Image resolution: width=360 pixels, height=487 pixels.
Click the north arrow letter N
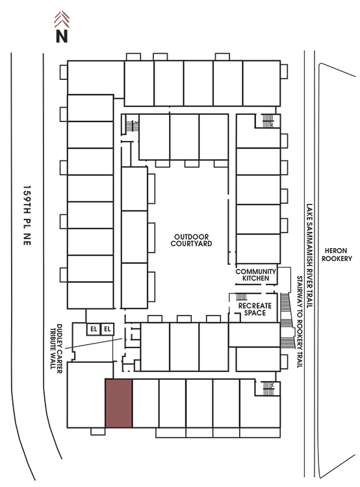62,36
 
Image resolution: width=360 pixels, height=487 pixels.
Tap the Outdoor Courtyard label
191,240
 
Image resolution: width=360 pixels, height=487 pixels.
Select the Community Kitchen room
256,275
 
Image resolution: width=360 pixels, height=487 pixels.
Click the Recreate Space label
255,309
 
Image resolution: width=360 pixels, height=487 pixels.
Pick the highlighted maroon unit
119,403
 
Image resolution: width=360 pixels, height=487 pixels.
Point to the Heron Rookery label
337,255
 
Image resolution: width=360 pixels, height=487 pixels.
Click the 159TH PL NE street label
27,216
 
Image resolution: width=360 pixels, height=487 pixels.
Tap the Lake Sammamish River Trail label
309,256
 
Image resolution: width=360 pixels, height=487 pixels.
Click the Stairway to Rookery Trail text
300,322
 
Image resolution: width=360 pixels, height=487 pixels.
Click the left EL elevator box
94,329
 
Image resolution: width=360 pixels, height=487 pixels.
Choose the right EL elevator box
107,329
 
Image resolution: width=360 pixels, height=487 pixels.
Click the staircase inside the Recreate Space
242,296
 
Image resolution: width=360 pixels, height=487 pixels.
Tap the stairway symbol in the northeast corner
268,121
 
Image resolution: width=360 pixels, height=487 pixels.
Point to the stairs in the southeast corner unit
268,388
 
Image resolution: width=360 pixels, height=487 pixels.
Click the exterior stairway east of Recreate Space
287,320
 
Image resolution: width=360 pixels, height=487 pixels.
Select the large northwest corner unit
96,77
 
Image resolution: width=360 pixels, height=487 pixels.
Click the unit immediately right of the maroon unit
146,403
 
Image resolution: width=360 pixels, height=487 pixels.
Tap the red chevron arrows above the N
62,19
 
